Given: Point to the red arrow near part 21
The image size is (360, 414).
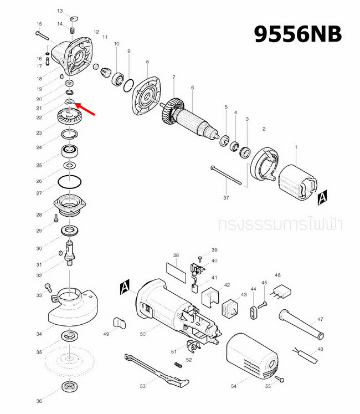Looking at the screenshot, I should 88,109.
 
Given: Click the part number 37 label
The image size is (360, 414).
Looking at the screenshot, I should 226,198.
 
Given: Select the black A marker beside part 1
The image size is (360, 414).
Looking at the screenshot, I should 323,196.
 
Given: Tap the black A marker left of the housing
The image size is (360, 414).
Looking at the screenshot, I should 125,287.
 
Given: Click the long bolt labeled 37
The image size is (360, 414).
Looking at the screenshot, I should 227,176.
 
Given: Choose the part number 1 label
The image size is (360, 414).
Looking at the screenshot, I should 296,147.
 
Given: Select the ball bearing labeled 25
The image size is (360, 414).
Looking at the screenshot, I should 70,150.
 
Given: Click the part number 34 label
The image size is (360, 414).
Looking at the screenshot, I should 39,334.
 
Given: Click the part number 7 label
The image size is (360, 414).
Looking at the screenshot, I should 173,77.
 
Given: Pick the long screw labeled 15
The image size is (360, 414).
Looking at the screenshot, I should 45,34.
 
